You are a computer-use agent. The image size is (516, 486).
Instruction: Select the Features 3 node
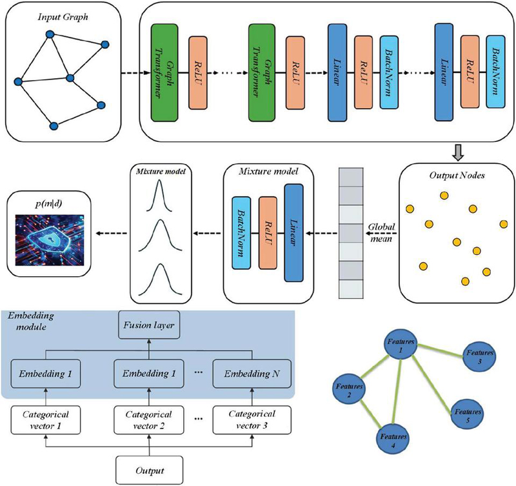tap(481, 358)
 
